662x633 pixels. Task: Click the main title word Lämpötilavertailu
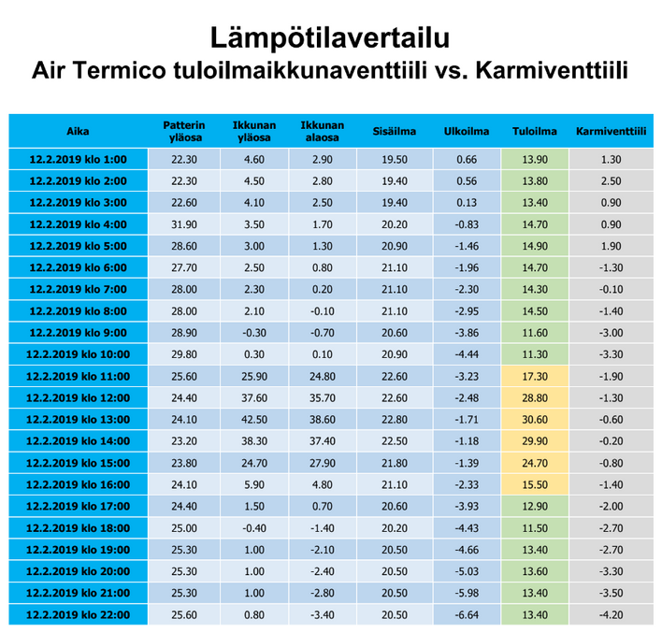point(330,38)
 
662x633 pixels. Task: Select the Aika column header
point(78,131)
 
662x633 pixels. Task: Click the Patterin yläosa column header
point(184,131)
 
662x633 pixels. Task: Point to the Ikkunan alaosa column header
point(323,131)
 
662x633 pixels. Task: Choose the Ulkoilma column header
point(466,131)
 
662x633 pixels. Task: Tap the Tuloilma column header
point(535,131)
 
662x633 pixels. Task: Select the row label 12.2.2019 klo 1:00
point(79,160)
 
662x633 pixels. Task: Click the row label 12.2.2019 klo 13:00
point(79,420)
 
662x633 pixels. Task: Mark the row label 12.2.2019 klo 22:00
point(79,615)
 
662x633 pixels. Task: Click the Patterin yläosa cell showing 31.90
point(184,224)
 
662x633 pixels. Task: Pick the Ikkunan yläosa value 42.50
point(254,420)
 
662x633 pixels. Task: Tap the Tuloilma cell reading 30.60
point(535,420)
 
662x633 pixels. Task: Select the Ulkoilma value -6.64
point(467,615)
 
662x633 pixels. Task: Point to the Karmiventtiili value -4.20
point(611,615)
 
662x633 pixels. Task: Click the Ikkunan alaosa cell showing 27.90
point(323,463)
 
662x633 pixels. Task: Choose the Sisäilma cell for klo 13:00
point(395,420)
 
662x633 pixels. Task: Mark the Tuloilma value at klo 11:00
point(535,376)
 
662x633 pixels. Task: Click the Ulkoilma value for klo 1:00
point(467,160)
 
